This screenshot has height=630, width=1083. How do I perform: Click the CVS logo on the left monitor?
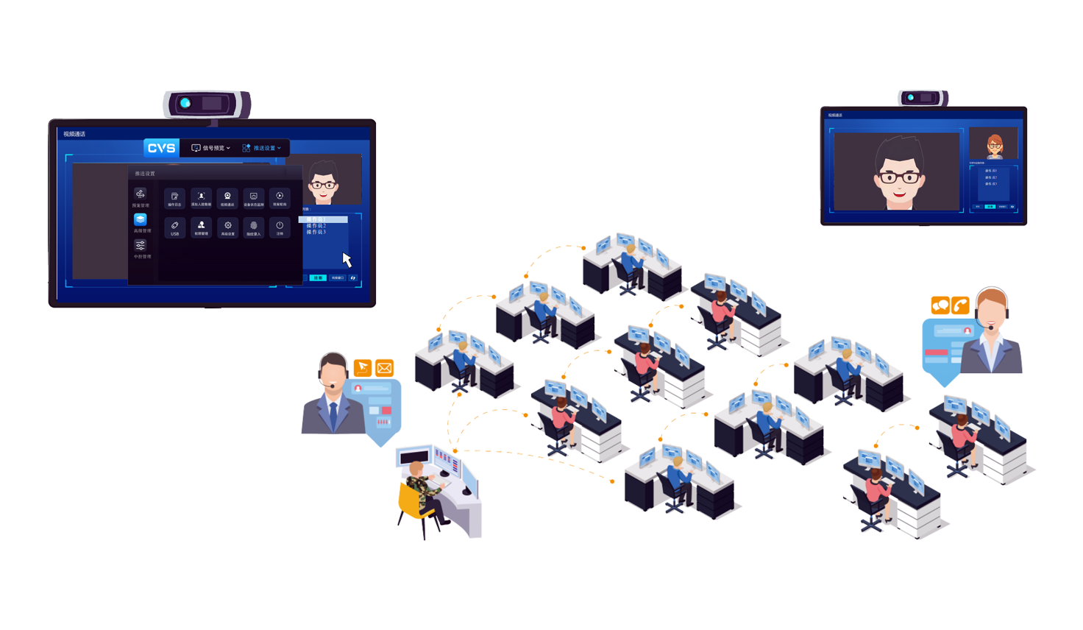tap(161, 148)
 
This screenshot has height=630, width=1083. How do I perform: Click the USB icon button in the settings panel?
tap(174, 227)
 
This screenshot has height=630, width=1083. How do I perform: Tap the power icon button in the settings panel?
tap(280, 227)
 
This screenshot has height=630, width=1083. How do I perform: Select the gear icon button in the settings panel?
tap(228, 227)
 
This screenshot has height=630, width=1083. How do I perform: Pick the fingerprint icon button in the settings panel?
tap(254, 227)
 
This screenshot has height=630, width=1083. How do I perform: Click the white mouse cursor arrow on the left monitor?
tap(347, 260)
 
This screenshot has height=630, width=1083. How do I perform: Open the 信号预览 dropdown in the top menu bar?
tap(211, 148)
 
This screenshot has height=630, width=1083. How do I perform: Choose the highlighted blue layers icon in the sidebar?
tap(140, 219)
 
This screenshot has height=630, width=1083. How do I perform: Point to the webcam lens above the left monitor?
tap(185, 103)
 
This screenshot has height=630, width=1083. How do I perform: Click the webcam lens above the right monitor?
tap(911, 97)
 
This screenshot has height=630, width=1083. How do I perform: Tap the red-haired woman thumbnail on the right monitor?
tap(994, 145)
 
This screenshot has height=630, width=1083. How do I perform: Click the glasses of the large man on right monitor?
tap(898, 177)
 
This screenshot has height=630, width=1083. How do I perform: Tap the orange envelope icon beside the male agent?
tap(384, 368)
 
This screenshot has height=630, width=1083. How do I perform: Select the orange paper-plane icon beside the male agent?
tap(363, 367)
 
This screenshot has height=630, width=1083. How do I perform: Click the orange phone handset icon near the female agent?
tap(960, 305)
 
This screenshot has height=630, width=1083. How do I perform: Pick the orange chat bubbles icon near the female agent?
tap(940, 305)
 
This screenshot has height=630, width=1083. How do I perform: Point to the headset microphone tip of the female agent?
tap(990, 328)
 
